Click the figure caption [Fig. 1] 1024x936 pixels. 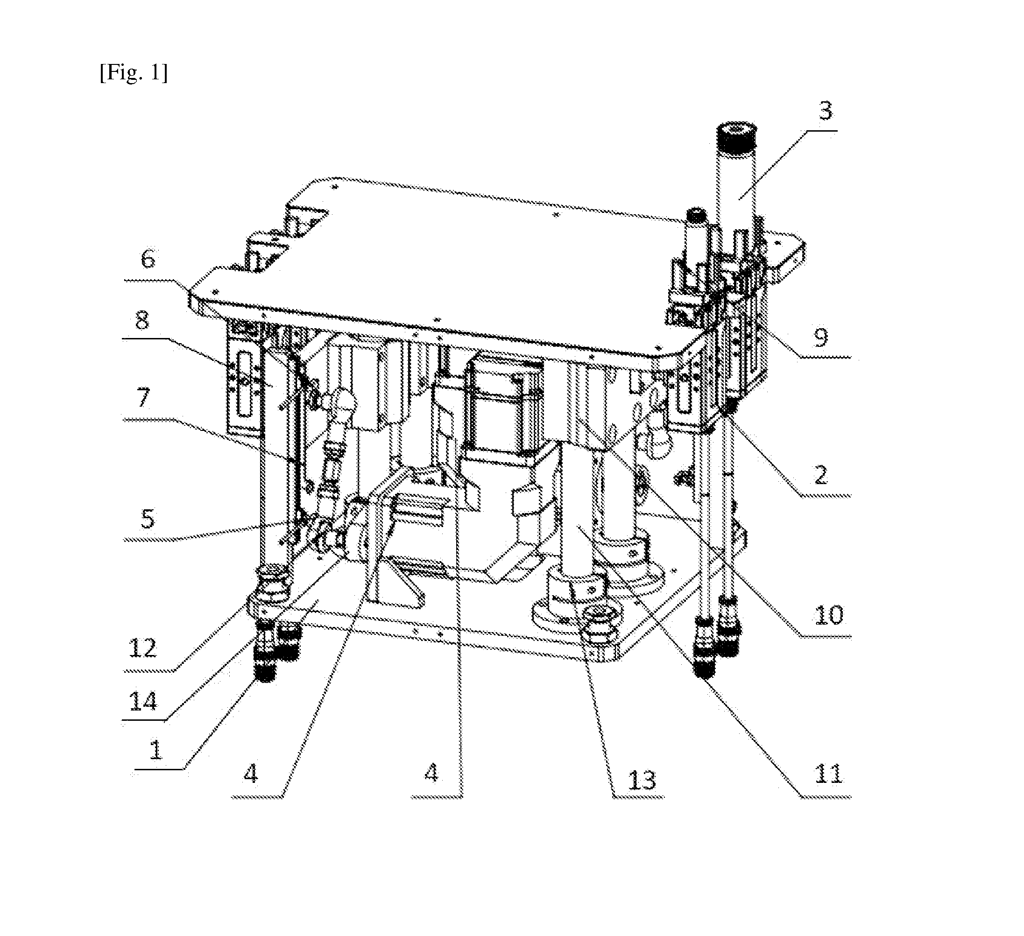click(134, 73)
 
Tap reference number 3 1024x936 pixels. click(826, 111)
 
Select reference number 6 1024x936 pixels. click(148, 259)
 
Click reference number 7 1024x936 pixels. click(143, 397)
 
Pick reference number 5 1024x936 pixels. click(147, 519)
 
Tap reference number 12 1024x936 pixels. click(143, 647)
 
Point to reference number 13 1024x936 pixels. click(642, 780)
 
